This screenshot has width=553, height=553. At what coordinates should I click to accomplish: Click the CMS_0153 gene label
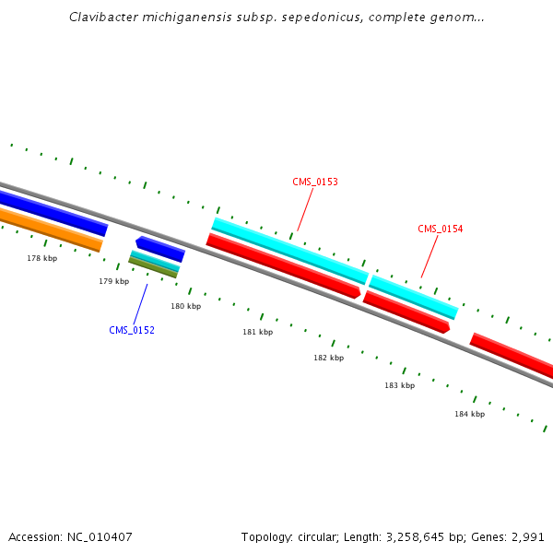click(x=315, y=182)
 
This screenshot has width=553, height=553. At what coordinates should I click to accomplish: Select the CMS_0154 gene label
click(x=441, y=229)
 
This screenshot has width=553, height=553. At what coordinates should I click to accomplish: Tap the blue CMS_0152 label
click(x=132, y=330)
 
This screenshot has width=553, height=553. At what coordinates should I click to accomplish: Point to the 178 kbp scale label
click(x=42, y=259)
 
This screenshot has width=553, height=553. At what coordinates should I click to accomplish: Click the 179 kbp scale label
click(x=114, y=281)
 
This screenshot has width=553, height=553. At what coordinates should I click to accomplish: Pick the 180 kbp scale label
click(x=185, y=306)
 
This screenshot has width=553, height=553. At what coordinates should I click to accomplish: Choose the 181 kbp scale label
click(x=258, y=332)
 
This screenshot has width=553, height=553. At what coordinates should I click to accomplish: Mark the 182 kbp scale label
click(x=328, y=358)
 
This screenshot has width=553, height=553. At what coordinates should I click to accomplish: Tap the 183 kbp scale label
click(x=399, y=385)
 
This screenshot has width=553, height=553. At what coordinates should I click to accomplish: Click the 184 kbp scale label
click(x=469, y=414)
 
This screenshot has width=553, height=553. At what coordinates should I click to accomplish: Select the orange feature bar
click(x=51, y=229)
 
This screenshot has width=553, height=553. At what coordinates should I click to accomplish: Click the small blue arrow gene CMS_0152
click(x=160, y=249)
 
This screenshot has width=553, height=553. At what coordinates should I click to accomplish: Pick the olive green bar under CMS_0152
click(x=153, y=268)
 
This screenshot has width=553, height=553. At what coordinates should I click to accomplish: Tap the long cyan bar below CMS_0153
click(x=289, y=251)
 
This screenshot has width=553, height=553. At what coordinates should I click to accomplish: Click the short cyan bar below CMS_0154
click(x=414, y=297)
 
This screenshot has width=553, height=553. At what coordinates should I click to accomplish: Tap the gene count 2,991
click(x=529, y=536)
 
